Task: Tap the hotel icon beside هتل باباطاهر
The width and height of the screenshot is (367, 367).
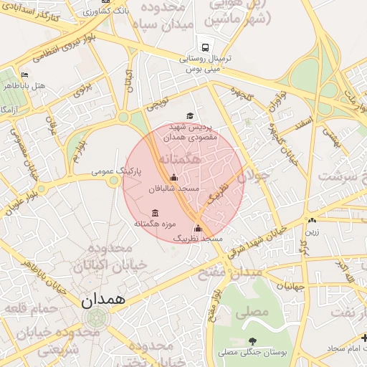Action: [25, 75]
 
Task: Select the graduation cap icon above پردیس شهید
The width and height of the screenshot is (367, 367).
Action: [190, 115]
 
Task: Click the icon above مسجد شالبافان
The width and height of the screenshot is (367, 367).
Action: [173, 178]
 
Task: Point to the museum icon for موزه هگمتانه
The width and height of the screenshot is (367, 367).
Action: [156, 213]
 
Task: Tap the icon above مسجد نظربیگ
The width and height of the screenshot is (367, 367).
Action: [199, 228]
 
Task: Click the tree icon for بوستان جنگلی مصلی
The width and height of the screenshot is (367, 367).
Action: [252, 341]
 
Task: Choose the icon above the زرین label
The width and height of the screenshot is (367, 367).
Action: [312, 220]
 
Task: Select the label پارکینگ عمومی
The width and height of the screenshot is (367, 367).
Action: [117, 173]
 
